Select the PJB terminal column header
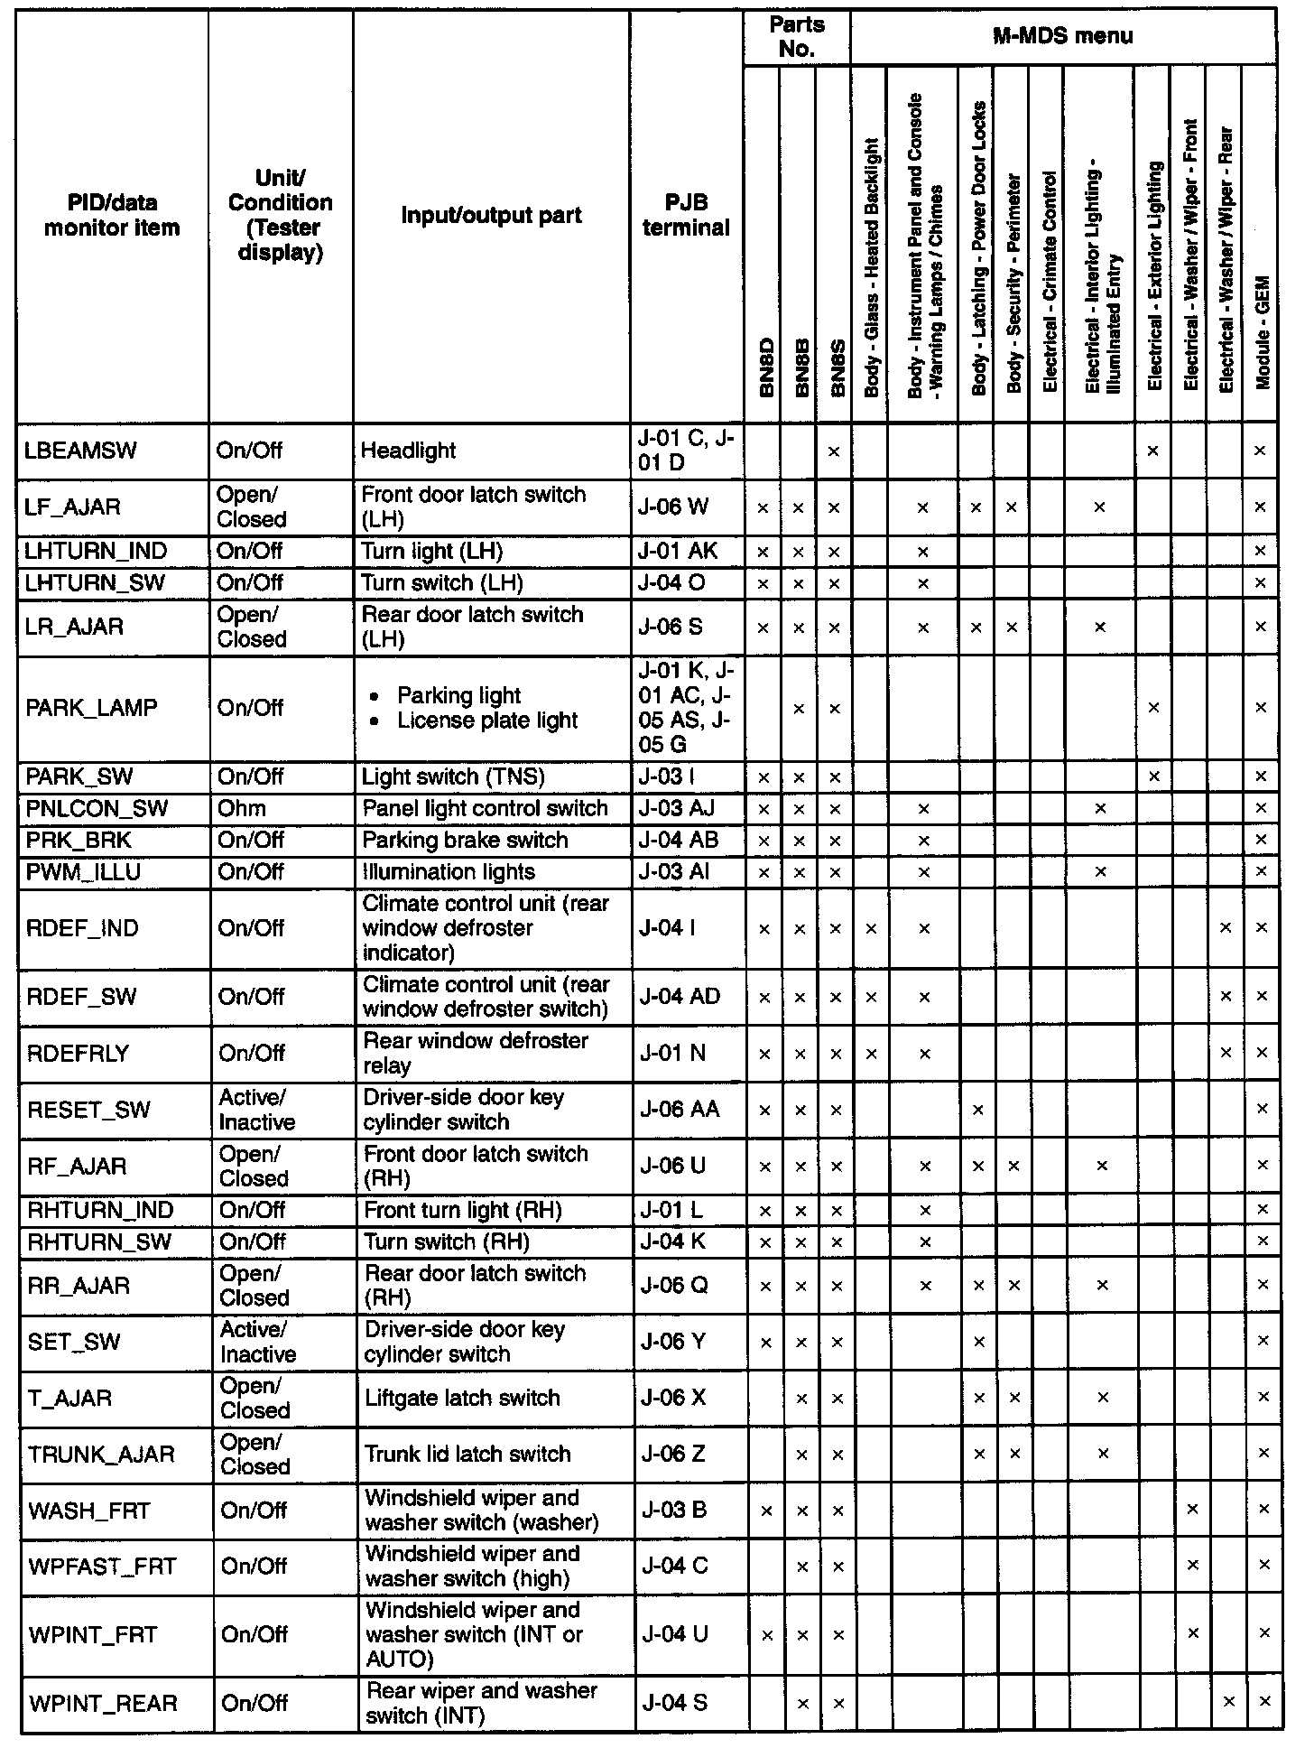[686, 215]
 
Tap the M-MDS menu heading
[1062, 37]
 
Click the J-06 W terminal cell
[673, 507]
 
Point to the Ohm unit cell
[242, 809]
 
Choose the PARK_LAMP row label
[91, 708]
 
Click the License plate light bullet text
[486, 721]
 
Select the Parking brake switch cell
[465, 841]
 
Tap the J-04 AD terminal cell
[680, 997]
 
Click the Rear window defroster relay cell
[476, 1053]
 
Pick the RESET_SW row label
[88, 1110]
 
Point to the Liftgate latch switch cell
[462, 1399]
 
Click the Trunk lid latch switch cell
[467, 1455]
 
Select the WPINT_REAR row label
[104, 1704]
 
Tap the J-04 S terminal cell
[674, 1704]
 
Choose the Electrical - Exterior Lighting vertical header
[1153, 276]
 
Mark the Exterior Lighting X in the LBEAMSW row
[1152, 451]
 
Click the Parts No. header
[797, 37]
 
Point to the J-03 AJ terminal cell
[682, 809]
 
